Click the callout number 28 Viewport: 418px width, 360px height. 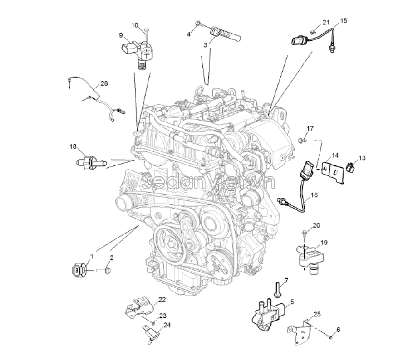104,83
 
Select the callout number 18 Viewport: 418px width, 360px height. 73,146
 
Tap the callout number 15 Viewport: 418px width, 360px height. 343,20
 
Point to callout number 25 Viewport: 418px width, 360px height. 317,314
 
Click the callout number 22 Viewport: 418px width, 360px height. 162,300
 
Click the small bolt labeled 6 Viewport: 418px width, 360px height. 331,336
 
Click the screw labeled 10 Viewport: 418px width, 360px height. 147,33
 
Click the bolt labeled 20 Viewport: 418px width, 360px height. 304,234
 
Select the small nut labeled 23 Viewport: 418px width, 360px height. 153,322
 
